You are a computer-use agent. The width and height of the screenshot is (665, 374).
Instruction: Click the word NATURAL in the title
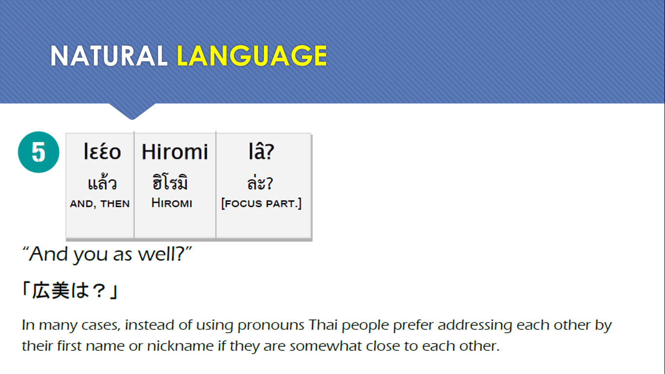coord(109,56)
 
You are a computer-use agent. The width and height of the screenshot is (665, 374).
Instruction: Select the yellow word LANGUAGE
coord(252,56)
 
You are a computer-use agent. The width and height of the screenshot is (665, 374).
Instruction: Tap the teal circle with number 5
coord(38,152)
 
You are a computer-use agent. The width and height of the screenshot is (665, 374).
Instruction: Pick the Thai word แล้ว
coord(102,182)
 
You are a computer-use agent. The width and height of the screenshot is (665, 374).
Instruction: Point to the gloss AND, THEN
coord(100,204)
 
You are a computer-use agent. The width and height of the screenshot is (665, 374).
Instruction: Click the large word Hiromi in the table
coord(175,151)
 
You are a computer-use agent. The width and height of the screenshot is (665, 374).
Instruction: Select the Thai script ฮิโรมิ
coord(170,182)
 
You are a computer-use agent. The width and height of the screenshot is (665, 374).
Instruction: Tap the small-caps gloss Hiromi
coord(172,203)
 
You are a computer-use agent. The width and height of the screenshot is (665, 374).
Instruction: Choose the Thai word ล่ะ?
coord(260,183)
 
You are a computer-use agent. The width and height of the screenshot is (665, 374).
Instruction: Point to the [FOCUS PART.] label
coord(261,204)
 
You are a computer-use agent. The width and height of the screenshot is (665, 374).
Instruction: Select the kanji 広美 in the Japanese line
coord(51,290)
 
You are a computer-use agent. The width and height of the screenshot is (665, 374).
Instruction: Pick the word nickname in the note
coord(180,346)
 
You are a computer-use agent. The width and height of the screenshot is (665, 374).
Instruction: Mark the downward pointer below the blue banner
coord(132,112)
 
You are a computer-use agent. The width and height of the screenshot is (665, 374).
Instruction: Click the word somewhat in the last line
coord(326,346)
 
